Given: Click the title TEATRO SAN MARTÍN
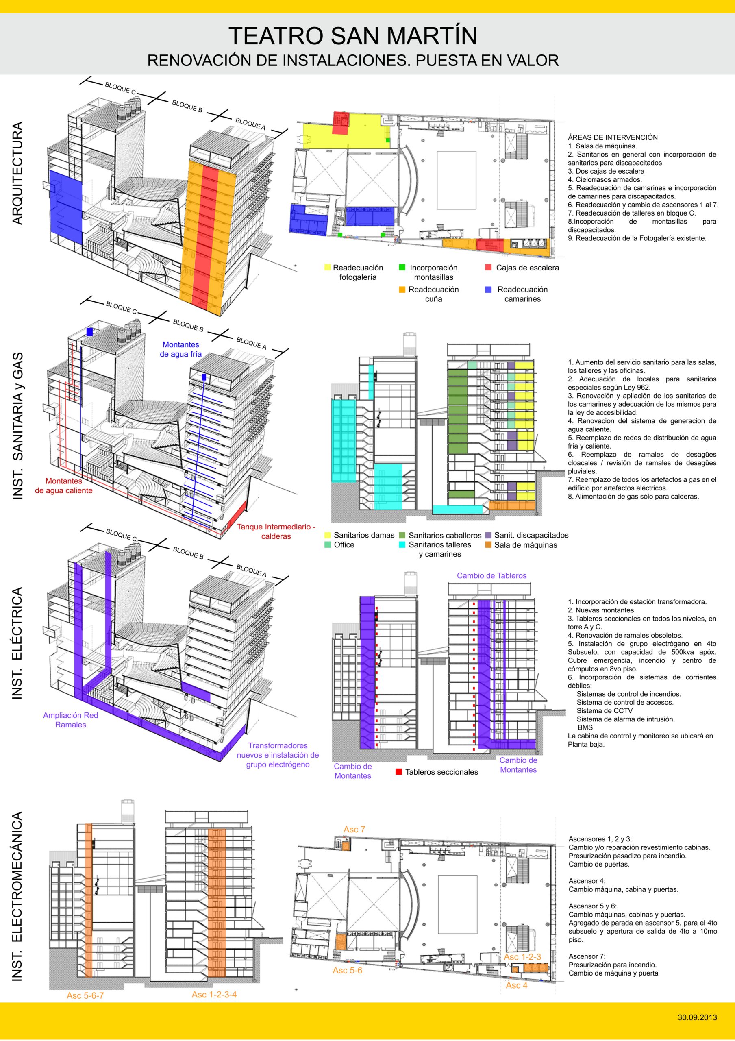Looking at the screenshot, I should pos(352,36).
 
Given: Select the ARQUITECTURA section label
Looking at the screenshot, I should pos(17,173).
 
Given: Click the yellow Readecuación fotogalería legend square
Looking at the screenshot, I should pos(328,268).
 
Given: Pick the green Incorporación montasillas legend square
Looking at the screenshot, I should pos(402,268).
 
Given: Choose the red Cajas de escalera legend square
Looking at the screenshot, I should pos(488,268).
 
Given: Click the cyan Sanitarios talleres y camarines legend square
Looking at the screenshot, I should pos(402,544).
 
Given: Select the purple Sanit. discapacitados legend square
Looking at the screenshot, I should pos(488,535).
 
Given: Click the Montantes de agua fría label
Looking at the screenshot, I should pos(180,349).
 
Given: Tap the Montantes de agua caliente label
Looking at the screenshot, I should pos(63,486).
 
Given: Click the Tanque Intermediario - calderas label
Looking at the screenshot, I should pos(276,531).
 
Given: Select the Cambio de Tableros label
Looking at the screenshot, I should pos(491,576).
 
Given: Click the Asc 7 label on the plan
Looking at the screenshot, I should pos(354,830).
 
